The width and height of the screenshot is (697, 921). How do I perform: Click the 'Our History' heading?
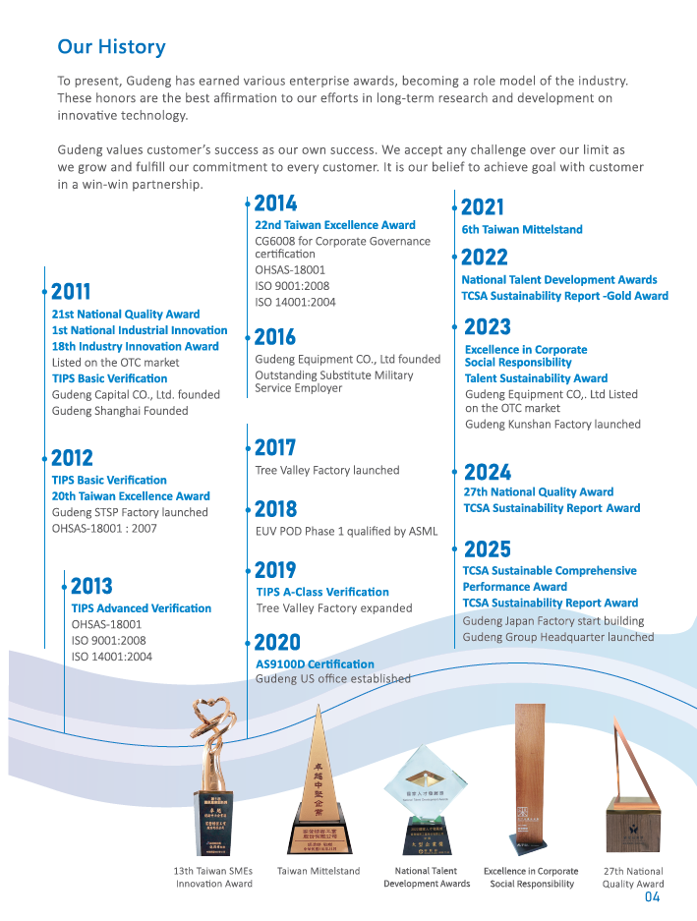click(111, 47)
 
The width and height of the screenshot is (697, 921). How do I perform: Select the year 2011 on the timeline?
click(71, 292)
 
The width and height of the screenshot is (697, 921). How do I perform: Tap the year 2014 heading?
click(275, 204)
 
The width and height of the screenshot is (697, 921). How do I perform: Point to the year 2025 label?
click(488, 548)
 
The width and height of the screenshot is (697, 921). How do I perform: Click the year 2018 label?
click(275, 509)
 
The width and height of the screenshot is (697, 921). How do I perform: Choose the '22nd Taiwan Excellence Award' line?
click(335, 225)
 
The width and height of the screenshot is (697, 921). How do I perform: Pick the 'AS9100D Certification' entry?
click(315, 665)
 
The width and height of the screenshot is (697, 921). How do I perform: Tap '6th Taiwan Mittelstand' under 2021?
click(522, 230)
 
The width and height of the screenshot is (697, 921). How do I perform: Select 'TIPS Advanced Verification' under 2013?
click(142, 608)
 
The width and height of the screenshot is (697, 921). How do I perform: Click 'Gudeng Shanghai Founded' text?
click(120, 411)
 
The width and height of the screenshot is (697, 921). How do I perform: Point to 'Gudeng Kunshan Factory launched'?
click(552, 425)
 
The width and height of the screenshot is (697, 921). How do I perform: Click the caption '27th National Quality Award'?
click(633, 877)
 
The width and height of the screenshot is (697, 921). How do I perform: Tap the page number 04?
click(653, 896)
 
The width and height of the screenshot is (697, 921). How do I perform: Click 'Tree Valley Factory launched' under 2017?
click(327, 471)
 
